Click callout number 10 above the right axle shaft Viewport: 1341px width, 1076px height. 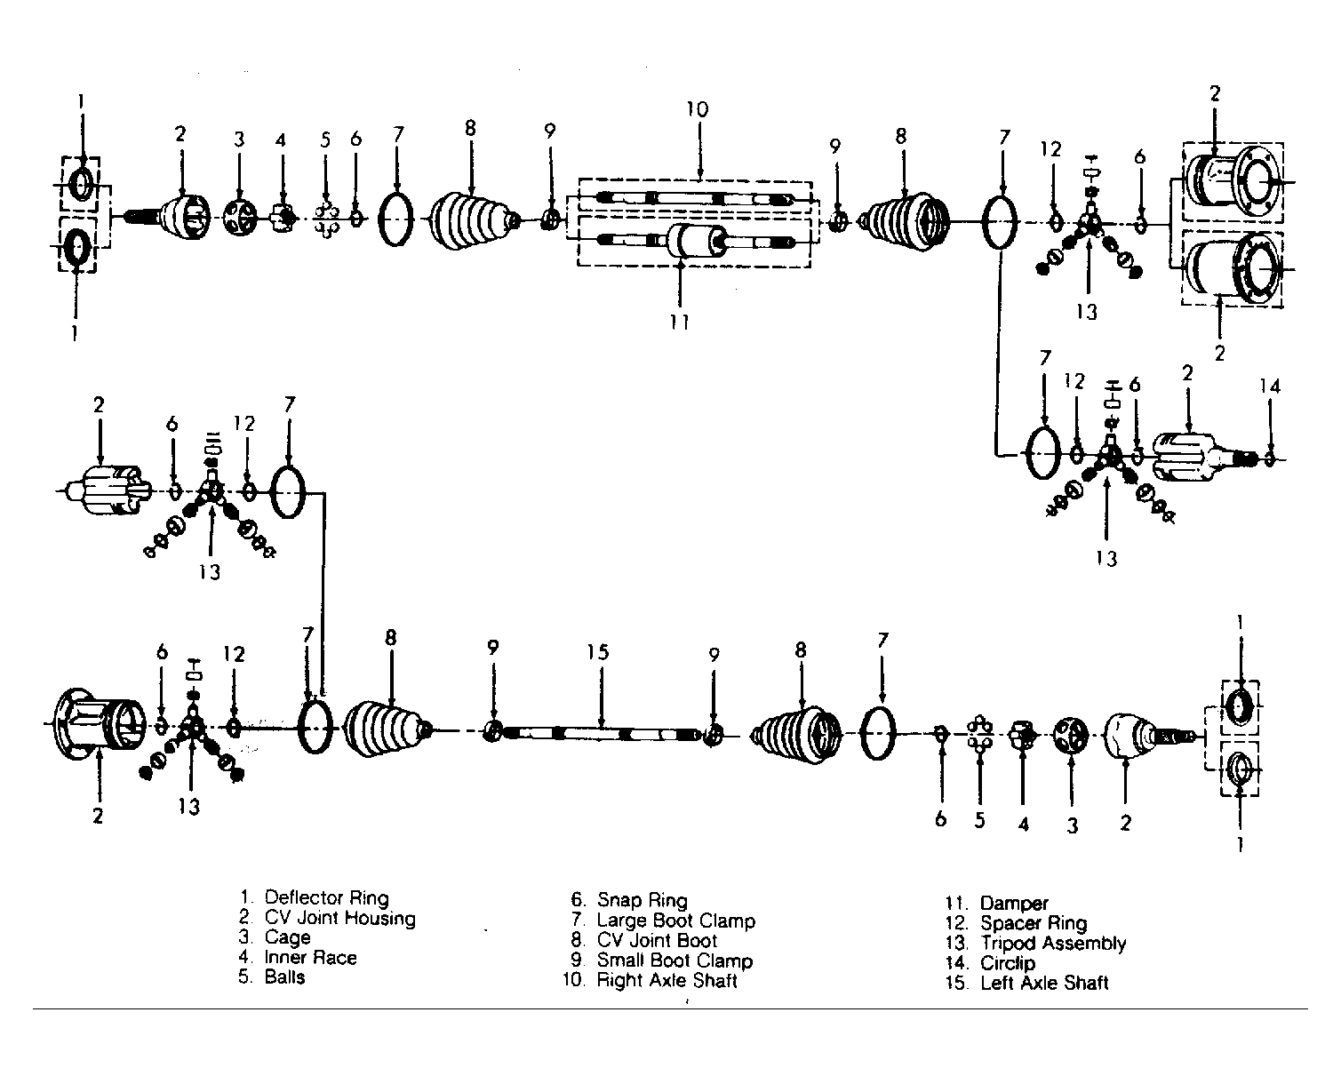pos(698,109)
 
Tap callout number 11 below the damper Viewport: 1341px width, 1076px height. pos(679,323)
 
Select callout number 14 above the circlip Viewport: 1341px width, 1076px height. pos(1269,387)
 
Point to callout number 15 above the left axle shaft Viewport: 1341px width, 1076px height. pos(597,652)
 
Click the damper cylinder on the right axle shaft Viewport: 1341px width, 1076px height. pos(696,240)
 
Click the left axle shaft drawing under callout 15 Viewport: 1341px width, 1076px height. pos(601,733)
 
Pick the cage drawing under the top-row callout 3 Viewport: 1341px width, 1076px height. pos(240,218)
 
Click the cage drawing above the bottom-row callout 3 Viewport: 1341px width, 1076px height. pos(1071,736)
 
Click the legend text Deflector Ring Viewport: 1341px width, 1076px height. pos(326,897)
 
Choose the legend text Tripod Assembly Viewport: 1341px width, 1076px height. pos(1053,944)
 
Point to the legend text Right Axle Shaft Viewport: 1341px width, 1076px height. pos(667,980)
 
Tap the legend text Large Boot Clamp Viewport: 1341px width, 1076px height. pos(676,921)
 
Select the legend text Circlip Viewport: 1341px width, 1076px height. pos(1008,963)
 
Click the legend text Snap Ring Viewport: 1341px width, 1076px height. pos(643,900)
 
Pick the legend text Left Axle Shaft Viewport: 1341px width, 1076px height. pos(1044,984)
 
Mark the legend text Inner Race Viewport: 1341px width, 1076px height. pos(310,958)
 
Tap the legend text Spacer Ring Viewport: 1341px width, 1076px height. pos(1034,923)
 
